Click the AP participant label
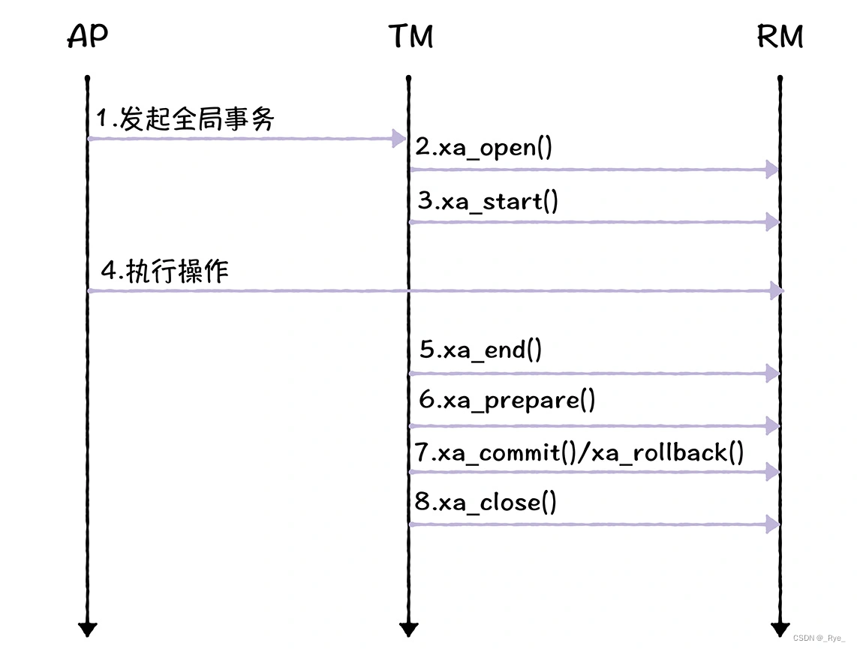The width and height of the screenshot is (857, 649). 88,37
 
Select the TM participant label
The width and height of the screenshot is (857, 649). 410,37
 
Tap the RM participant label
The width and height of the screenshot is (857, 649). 780,37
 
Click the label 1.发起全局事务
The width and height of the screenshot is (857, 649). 185,119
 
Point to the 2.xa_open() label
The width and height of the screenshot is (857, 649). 484,148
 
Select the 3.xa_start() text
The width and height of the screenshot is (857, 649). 489,202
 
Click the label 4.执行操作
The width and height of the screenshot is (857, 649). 164,272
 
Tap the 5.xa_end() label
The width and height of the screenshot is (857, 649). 480,350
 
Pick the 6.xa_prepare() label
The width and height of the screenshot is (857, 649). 507,400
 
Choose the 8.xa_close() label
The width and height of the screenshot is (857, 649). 486,502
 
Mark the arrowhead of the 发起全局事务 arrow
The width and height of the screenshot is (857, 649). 398,138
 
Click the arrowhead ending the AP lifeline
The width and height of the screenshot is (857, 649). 88,629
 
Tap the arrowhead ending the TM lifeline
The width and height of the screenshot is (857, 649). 408,629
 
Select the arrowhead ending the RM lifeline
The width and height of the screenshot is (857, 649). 780,629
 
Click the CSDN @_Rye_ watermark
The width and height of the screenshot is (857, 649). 823,638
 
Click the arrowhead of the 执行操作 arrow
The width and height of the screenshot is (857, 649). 776,290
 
